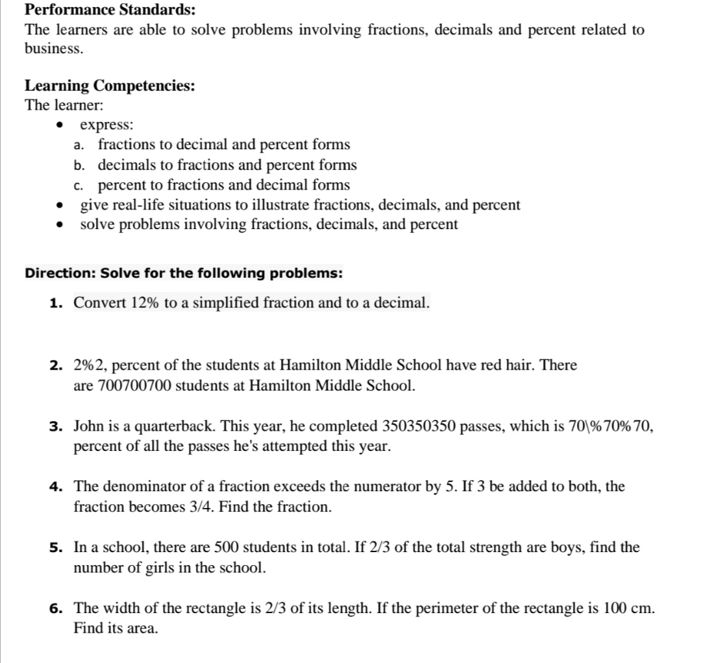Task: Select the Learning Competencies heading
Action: (110, 86)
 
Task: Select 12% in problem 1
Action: (146, 302)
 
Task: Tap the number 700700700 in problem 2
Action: (134, 385)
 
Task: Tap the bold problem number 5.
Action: (56, 548)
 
